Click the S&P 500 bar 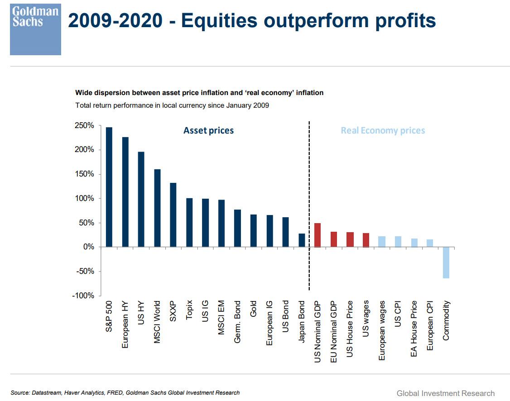pyautogui.click(x=109, y=187)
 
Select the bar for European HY pyautogui.click(x=125, y=192)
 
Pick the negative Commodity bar pyautogui.click(x=446, y=263)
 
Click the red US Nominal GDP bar pyautogui.click(x=318, y=235)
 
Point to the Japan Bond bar pyautogui.click(x=302, y=240)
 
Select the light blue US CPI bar pyautogui.click(x=398, y=241)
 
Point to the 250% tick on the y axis pyautogui.click(x=84, y=125)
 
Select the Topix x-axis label pyautogui.click(x=189, y=310)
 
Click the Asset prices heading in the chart pyautogui.click(x=208, y=131)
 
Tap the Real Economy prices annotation pyautogui.click(x=383, y=131)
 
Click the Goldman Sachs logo pyautogui.click(x=35, y=30)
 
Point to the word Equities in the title pyautogui.click(x=221, y=21)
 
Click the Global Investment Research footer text pyautogui.click(x=445, y=393)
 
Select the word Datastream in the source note pyautogui.click(x=47, y=393)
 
